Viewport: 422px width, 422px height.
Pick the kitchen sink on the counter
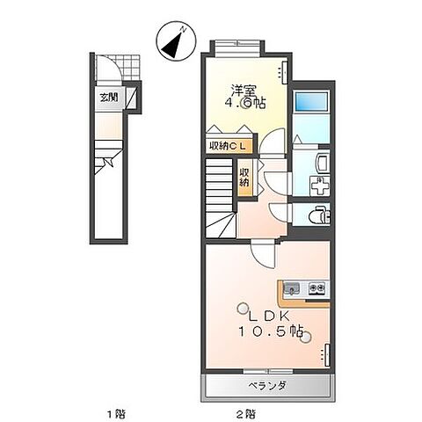[294, 287]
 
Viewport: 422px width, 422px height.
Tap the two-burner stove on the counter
[318, 287]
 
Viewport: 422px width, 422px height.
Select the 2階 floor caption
[246, 411]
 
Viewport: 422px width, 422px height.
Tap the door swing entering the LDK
[262, 254]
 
